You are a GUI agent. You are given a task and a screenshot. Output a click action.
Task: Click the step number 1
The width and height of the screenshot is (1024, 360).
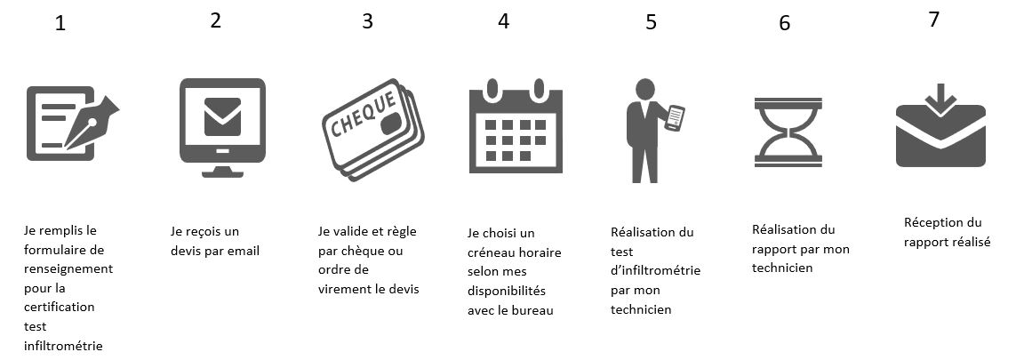[x=60, y=24]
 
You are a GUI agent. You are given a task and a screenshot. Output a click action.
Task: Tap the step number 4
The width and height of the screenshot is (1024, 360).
[x=503, y=21]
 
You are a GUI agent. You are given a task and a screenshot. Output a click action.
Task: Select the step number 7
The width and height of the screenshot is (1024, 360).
[x=934, y=20]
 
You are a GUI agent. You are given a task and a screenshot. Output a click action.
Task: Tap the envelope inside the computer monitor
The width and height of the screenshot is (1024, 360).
[x=222, y=116]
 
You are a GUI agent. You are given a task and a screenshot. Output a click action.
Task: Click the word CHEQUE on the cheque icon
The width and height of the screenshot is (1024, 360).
[x=364, y=115]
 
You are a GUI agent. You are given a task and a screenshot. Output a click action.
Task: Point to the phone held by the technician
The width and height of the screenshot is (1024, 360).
[x=675, y=118]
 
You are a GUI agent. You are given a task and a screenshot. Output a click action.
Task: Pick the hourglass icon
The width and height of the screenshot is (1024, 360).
[x=788, y=132]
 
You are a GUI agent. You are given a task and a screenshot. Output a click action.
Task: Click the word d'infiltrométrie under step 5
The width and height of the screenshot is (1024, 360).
[x=656, y=270]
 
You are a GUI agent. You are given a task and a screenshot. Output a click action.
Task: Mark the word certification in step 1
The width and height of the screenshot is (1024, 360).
[x=60, y=307]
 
